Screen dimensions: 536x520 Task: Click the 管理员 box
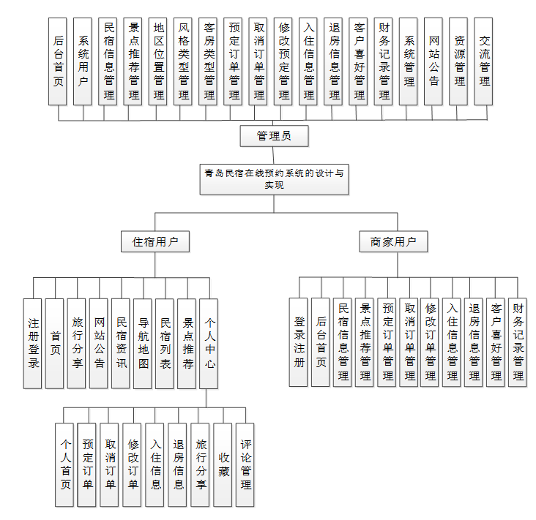pos(273,136)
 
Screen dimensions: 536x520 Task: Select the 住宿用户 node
pos(155,241)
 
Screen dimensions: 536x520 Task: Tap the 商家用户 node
pos(393,241)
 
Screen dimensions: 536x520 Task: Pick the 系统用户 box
pos(83,61)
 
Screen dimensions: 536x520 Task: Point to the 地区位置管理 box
pos(158,61)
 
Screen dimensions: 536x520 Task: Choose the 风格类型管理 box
pos(184,61)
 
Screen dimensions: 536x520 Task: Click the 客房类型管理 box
pos(209,61)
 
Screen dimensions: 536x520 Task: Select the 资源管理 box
pos(459,61)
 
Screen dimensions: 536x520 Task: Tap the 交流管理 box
pos(484,61)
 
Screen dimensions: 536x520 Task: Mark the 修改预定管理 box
pos(284,61)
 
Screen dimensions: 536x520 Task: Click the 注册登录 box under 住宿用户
pos(33,343)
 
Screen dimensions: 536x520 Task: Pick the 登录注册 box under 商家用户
pos(299,342)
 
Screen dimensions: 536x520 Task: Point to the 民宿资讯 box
pos(121,343)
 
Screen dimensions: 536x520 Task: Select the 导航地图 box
pos(144,343)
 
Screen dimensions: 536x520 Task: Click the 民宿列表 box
pos(165,343)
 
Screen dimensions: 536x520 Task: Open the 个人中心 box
pos(209,343)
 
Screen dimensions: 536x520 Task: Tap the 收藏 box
pos(223,464)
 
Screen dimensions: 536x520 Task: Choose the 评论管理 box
pos(246,464)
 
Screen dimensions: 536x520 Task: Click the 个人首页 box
pos(65,464)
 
